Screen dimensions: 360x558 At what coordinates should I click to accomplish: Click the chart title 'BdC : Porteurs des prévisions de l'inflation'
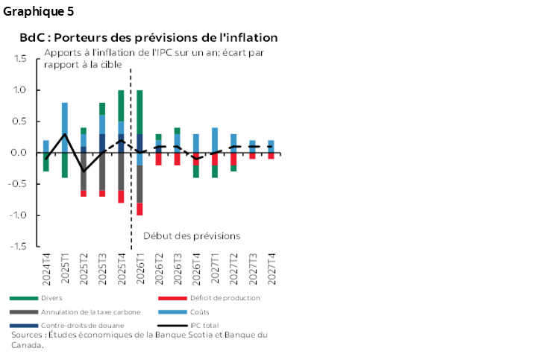pyautogui.click(x=148, y=37)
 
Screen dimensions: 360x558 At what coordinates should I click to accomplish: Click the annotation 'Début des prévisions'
pyautogui.click(x=192, y=236)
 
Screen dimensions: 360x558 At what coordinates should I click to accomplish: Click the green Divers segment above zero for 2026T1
pyautogui.click(x=139, y=112)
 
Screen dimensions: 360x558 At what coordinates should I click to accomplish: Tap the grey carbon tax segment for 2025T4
pyautogui.click(x=121, y=171)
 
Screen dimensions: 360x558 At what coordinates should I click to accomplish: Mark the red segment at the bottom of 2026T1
pyautogui.click(x=139, y=209)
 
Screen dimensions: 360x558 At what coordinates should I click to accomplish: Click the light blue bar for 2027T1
pyautogui.click(x=215, y=140)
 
